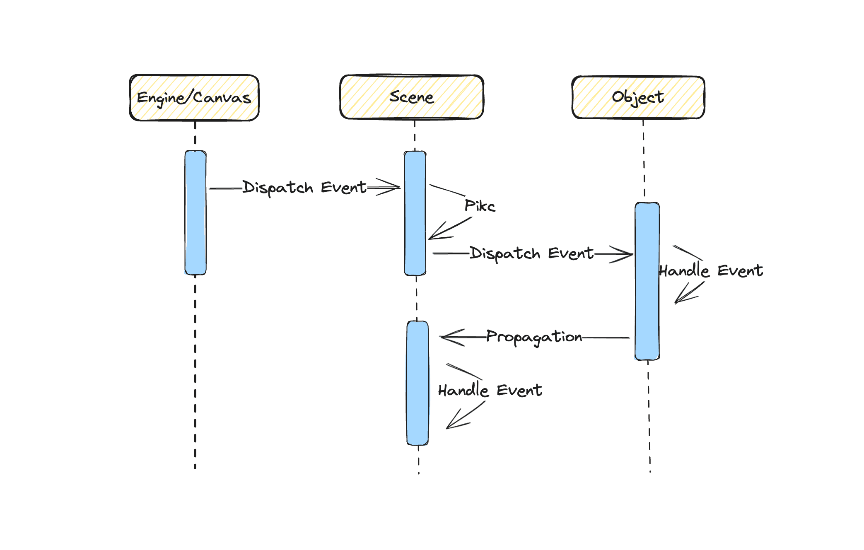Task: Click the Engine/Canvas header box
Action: coord(194,98)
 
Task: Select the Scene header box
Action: coord(411,97)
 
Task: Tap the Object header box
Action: coord(638,97)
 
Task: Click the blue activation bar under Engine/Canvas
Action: coord(195,212)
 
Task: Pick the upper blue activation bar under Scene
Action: coord(415,213)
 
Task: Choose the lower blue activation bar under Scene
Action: coord(418,383)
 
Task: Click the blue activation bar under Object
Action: coord(647,281)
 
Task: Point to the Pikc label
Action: coord(480,206)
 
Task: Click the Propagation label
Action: coord(534,337)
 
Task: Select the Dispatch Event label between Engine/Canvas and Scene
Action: coord(304,188)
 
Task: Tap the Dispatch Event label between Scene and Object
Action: coord(531,253)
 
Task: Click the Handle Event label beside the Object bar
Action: coord(711,271)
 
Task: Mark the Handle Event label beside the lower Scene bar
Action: coord(490,391)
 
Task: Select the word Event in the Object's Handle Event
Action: coord(740,271)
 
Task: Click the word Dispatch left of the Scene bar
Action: coord(278,188)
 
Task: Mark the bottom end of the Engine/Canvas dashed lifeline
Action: coord(195,467)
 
